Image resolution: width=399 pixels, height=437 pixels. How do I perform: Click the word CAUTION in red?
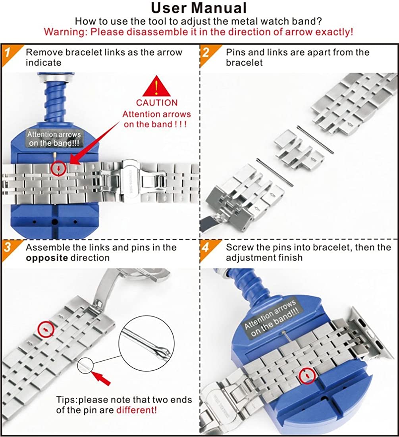click(x=157, y=102)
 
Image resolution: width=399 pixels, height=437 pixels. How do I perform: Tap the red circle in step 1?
click(x=58, y=168)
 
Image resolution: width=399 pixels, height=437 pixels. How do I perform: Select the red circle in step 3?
click(x=46, y=329)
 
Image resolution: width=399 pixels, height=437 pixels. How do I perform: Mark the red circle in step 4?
click(x=307, y=375)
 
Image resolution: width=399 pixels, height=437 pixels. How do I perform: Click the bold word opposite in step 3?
click(x=47, y=258)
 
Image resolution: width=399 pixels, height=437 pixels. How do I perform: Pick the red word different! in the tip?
click(x=137, y=410)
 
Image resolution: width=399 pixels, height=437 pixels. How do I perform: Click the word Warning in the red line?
click(x=66, y=32)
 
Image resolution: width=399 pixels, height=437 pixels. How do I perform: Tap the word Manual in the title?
click(x=220, y=8)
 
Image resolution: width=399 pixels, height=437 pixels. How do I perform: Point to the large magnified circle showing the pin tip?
click(x=146, y=344)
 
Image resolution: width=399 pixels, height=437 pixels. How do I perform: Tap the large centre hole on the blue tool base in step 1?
click(x=55, y=222)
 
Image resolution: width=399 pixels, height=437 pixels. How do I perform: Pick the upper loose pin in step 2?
click(x=315, y=140)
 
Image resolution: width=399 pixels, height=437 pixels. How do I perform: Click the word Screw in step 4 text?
click(x=240, y=248)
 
